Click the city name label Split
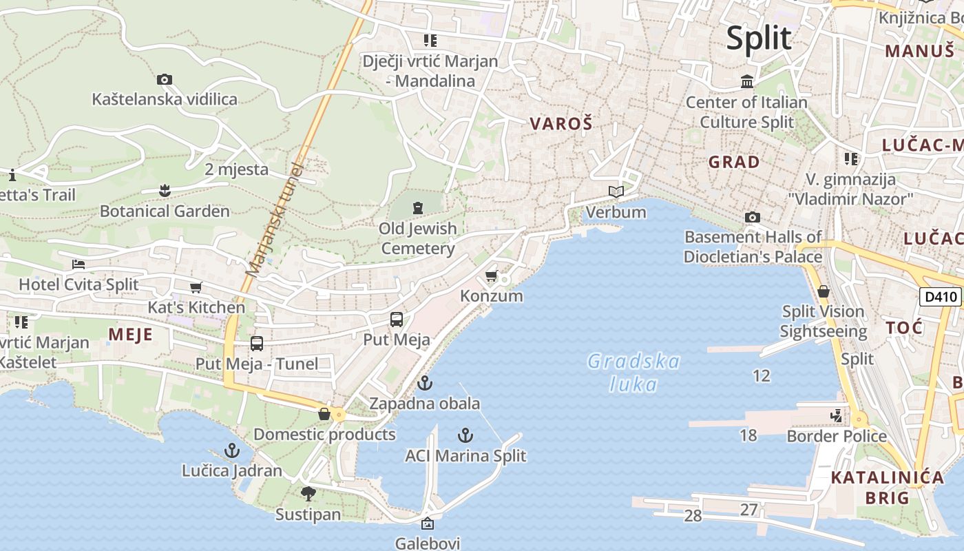pos(759,38)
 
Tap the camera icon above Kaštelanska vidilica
pos(164,79)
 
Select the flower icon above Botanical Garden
pos(164,189)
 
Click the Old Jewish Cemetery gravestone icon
pos(417,207)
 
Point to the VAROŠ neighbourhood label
pos(561,124)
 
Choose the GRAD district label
pos(734,163)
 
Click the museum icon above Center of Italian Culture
pos(746,82)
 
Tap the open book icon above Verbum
pos(616,191)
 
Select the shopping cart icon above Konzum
pos(491,276)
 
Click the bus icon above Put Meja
pos(397,319)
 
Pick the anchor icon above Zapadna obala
pos(425,383)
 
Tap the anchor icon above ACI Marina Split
pos(465,435)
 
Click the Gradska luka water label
pos(633,373)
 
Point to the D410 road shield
pos(940,297)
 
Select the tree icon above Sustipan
pos(308,493)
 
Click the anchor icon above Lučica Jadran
pos(231,451)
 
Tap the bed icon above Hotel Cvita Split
pos(78,264)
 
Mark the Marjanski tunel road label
pos(274,219)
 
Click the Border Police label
pos(837,436)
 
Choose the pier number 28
pos(693,515)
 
